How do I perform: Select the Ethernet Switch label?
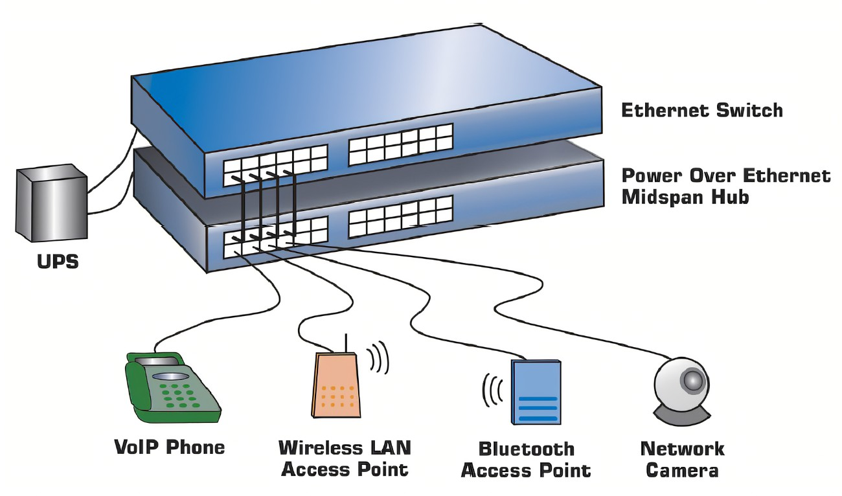tap(702, 110)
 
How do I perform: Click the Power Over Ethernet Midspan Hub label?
tap(725, 186)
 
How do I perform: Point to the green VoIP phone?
tap(172, 389)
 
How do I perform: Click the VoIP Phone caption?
tap(170, 447)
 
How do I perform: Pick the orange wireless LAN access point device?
tap(336, 386)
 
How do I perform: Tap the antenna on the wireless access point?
tap(346, 343)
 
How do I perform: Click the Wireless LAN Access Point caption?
tap(345, 458)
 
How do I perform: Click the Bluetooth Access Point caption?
tap(526, 459)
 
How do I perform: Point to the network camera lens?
tap(692, 380)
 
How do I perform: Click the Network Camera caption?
tap(682, 459)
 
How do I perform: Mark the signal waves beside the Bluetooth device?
tap(492, 390)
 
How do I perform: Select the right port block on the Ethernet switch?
tap(401, 144)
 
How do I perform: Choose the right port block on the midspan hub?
tap(400, 216)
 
